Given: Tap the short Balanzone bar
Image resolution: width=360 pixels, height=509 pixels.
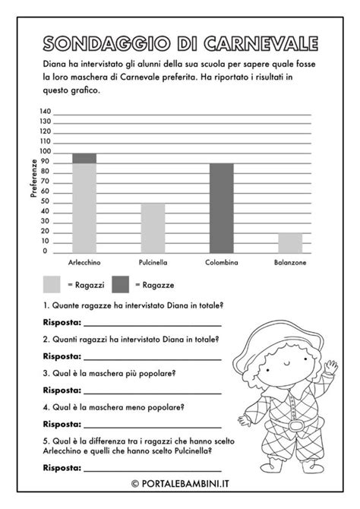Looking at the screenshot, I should pos(289,243).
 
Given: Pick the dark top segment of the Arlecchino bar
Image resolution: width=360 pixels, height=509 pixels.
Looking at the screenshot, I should pos(84,158).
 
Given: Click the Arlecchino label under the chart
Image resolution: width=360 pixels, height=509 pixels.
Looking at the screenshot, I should pos(84,262).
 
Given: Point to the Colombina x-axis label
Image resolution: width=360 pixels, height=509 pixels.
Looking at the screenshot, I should pos(221,262).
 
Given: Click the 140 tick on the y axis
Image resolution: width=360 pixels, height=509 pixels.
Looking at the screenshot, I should pos(46,112).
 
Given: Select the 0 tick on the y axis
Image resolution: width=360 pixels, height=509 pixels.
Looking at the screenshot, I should pos(46,251).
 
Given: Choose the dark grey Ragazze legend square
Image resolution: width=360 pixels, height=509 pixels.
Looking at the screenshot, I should pos(121,284).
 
